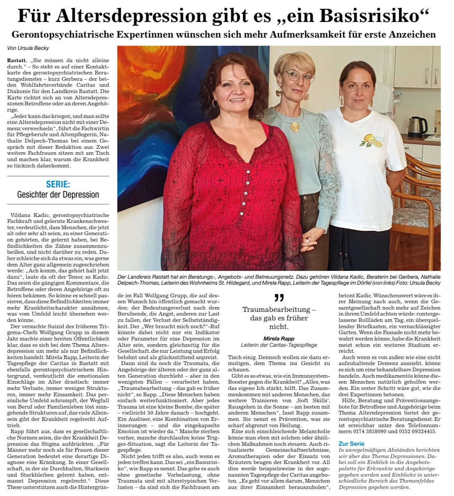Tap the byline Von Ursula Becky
click(x=28, y=48)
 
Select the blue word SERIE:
click(x=58, y=184)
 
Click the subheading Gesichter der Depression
click(x=58, y=195)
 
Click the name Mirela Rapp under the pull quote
click(x=279, y=339)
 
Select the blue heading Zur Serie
click(x=351, y=444)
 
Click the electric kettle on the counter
click(x=417, y=127)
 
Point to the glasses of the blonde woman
click(x=299, y=77)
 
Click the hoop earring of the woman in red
click(x=215, y=103)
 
